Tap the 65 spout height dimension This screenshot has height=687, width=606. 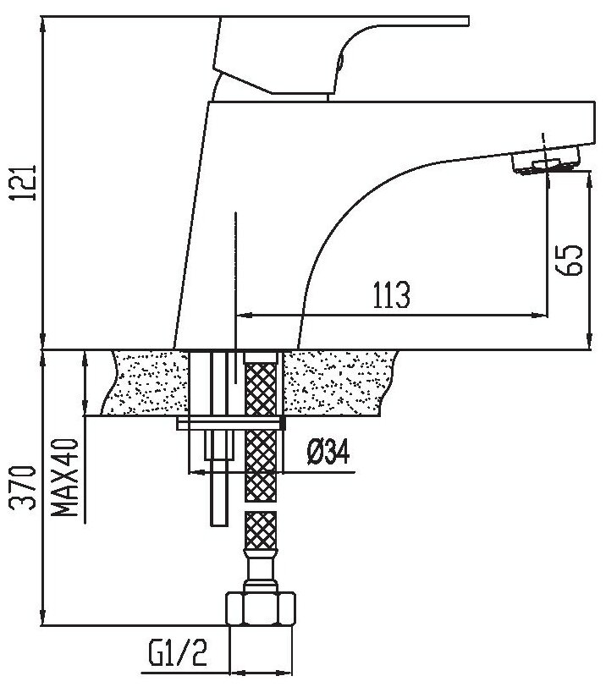click(x=570, y=261)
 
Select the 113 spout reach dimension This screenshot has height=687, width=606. click(x=390, y=295)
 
